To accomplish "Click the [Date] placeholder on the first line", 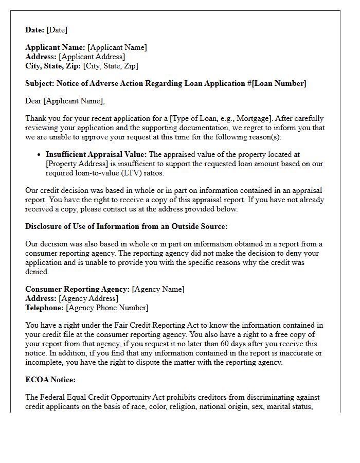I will tap(57, 30).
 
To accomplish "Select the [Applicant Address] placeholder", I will tap(92, 57).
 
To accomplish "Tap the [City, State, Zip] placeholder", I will tap(111, 66).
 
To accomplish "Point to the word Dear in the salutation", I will tap(33, 101).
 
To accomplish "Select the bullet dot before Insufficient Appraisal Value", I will tap(40, 154).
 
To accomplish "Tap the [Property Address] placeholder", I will tap(77, 163).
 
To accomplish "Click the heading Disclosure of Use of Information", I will tap(126, 226).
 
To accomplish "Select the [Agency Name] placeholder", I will tap(158, 289).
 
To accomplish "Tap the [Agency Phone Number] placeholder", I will tap(107, 308).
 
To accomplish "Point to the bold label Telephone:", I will tap(45, 308).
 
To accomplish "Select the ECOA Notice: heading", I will tap(50, 380).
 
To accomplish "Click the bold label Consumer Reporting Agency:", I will tap(77, 289).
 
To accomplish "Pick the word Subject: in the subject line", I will tap(40, 83).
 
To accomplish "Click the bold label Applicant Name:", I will tap(55, 47).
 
